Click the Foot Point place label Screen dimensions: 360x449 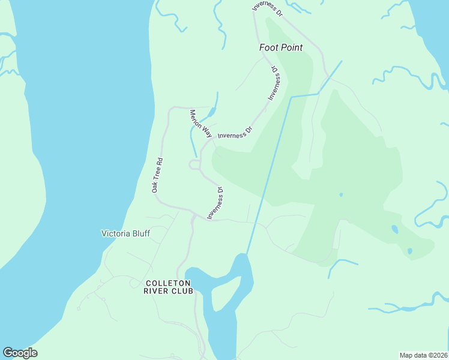coord(281,47)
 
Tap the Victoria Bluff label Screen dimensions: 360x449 coord(125,233)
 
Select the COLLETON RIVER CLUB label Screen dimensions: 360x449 coord(169,287)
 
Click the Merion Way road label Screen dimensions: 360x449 coord(200,124)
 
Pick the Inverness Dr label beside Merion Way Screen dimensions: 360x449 coord(235,131)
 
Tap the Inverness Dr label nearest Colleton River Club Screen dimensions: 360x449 coord(215,203)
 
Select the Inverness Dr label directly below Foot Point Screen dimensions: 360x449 coord(274,83)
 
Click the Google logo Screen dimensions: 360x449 coord(20,353)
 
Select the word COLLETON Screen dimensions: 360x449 coord(169,283)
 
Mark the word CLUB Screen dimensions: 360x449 coord(182,291)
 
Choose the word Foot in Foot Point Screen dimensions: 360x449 coord(268,47)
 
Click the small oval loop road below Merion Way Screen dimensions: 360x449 coord(194,164)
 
